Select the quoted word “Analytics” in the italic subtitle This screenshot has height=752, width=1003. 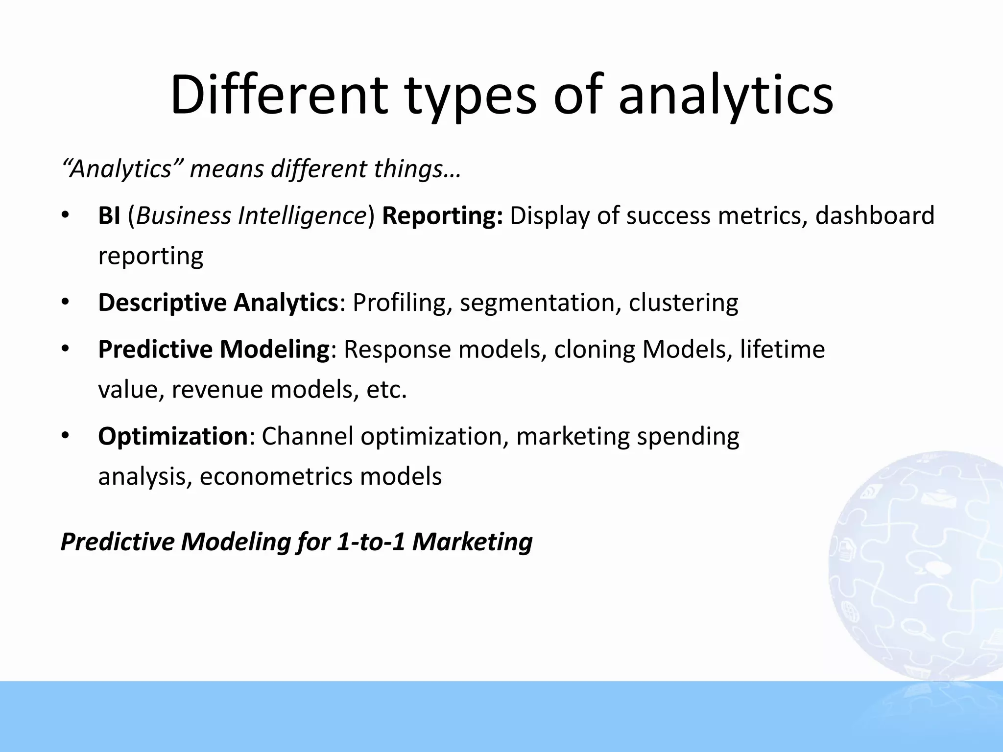[x=122, y=169]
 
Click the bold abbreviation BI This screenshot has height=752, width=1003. [x=109, y=216]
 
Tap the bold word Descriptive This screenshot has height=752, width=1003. [x=162, y=303]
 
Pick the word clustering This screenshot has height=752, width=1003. [x=683, y=303]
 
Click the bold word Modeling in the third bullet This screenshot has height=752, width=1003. [x=274, y=350]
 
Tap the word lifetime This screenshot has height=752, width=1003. [x=782, y=350]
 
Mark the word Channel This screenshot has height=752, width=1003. [x=308, y=436]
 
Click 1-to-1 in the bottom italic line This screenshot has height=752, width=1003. [x=371, y=542]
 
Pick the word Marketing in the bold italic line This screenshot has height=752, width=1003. [x=472, y=542]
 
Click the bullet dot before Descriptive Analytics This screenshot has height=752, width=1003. [x=66, y=303]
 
